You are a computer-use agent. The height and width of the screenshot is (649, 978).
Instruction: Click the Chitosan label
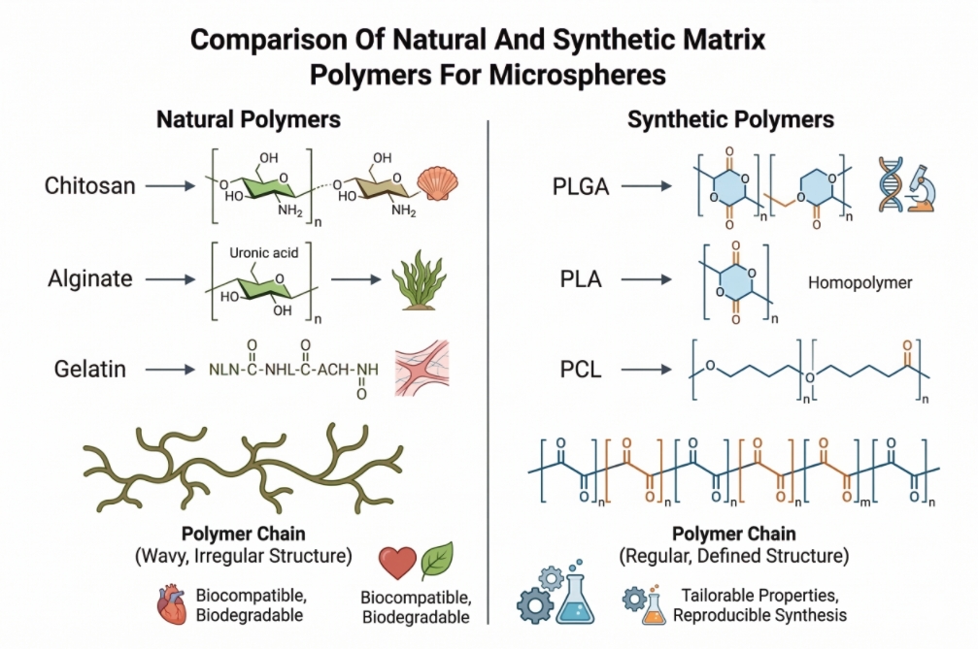pyautogui.click(x=89, y=185)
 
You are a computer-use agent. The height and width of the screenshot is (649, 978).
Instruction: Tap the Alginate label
pyautogui.click(x=89, y=279)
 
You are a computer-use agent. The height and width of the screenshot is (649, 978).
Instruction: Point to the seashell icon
pyautogui.click(x=436, y=181)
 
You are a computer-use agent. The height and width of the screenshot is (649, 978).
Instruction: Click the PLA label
pyautogui.click(x=582, y=280)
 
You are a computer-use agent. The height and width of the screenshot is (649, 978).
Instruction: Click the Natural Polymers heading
pyautogui.click(x=249, y=120)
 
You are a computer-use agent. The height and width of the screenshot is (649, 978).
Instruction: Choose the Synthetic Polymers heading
pyautogui.click(x=730, y=120)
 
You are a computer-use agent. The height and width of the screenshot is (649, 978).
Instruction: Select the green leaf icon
pyautogui.click(x=436, y=561)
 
